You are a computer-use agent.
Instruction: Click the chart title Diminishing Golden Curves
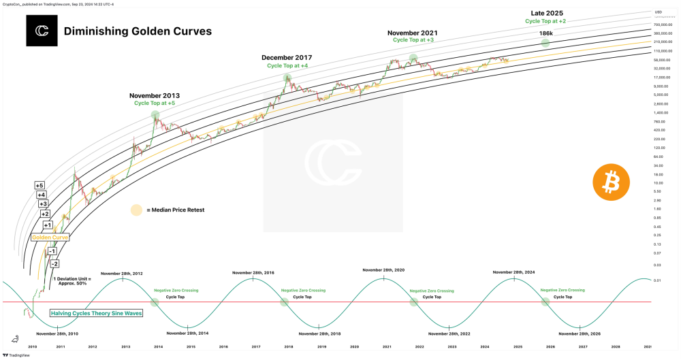pyautogui.click(x=138, y=31)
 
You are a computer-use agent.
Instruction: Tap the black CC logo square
pyautogui.click(x=42, y=31)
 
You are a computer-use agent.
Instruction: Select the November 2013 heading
pyautogui.click(x=155, y=95)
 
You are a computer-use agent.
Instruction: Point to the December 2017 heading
pyautogui.click(x=288, y=57)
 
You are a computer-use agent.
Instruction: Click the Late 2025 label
pyautogui.click(x=547, y=13)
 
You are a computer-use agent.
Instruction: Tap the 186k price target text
pyautogui.click(x=546, y=33)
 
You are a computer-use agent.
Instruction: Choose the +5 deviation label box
pyautogui.click(x=40, y=186)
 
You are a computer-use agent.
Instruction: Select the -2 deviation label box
pyautogui.click(x=55, y=263)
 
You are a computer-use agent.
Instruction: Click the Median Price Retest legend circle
pyautogui.click(x=136, y=210)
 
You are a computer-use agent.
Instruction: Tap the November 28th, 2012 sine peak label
pyautogui.click(x=122, y=273)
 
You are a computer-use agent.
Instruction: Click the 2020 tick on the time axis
pyautogui.click(x=354, y=346)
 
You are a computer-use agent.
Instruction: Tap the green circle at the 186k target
pyautogui.click(x=545, y=43)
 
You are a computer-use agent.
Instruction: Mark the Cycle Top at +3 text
pyautogui.click(x=413, y=40)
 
